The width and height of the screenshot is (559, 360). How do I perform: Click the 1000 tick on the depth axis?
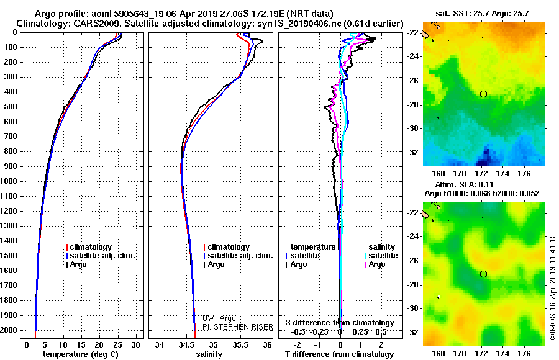(x=10, y=181)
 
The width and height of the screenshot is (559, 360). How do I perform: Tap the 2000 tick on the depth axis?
(x=10, y=330)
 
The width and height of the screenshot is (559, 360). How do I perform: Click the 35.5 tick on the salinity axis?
(x=240, y=344)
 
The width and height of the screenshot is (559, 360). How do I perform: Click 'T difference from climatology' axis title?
(x=339, y=354)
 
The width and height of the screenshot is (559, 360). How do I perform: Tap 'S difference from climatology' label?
(x=339, y=323)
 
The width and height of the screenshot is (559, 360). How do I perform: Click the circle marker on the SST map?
(x=483, y=94)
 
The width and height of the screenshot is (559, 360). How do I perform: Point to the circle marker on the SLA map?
(x=483, y=274)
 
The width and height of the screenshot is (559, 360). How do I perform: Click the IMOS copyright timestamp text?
(x=553, y=286)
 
